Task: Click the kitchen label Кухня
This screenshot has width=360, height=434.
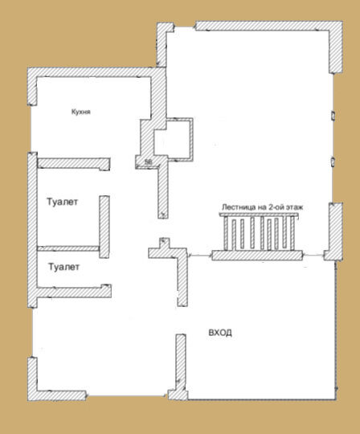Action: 81,112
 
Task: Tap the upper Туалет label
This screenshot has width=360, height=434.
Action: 62,202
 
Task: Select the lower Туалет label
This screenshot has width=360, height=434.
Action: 64,267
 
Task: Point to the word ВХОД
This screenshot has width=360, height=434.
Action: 220,333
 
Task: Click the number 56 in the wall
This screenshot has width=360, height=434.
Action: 149,162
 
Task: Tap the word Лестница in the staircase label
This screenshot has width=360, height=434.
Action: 238,207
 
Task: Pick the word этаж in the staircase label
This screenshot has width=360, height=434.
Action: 294,207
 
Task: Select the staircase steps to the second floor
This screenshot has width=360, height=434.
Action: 259,232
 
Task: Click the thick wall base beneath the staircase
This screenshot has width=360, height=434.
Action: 257,256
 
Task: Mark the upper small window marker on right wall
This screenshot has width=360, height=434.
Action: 333,115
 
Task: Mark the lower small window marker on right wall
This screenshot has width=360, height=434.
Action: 333,162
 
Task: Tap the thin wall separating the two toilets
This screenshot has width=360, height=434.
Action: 68,248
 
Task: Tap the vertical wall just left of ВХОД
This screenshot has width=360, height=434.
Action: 181,366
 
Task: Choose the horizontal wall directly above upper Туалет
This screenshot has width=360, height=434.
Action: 74,163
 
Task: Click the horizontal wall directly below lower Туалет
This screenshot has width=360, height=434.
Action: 74,292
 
